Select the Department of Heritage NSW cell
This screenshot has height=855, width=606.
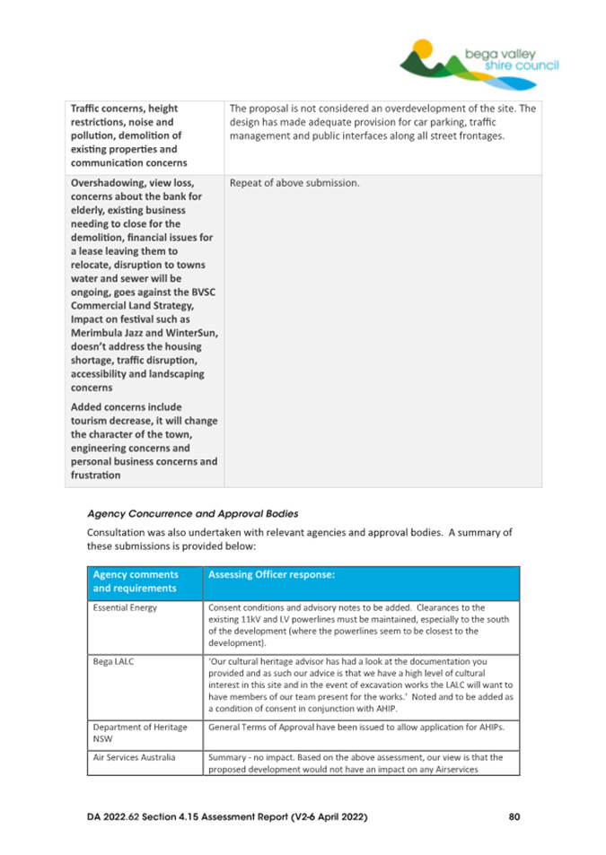[134, 731]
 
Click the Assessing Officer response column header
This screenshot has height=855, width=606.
[273, 573]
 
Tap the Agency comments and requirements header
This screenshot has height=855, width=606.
[136, 581]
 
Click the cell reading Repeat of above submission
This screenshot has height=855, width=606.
[294, 183]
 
